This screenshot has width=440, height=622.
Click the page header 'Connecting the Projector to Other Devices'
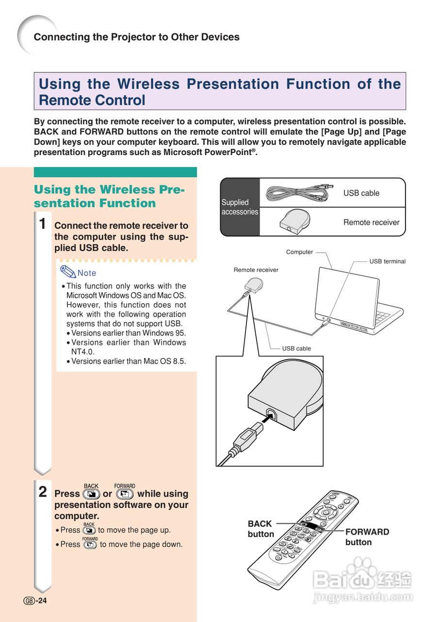(x=136, y=37)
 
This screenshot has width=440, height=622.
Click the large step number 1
(x=43, y=225)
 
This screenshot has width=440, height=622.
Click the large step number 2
(x=43, y=492)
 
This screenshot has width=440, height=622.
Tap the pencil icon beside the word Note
(x=68, y=271)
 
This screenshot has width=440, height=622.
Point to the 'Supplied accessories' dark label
(x=240, y=207)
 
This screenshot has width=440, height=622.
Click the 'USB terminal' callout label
(x=387, y=261)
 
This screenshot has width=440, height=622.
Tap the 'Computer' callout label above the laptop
(x=299, y=252)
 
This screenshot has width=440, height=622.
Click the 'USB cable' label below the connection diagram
(x=296, y=348)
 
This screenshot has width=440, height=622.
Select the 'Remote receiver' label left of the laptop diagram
(x=256, y=270)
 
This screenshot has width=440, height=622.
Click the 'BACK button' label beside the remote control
(x=261, y=529)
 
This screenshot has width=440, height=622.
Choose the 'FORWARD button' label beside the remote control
(x=367, y=537)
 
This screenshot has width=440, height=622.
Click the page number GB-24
(x=35, y=601)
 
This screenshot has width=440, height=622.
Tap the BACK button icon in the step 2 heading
(x=91, y=494)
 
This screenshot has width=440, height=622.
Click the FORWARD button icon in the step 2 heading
(x=125, y=494)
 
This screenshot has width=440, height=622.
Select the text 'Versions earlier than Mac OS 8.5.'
(x=128, y=361)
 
